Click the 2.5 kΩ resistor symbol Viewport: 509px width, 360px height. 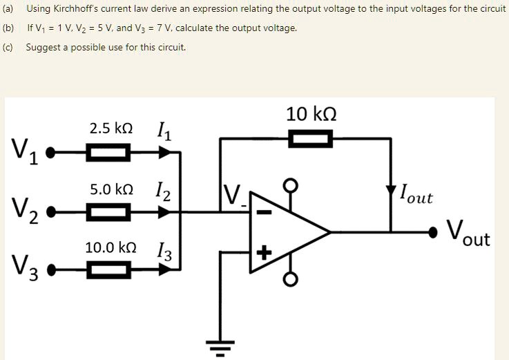[107, 152]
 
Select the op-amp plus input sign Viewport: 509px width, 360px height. [262, 253]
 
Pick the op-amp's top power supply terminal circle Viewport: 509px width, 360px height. [291, 186]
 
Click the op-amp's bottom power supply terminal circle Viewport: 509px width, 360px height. [291, 279]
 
